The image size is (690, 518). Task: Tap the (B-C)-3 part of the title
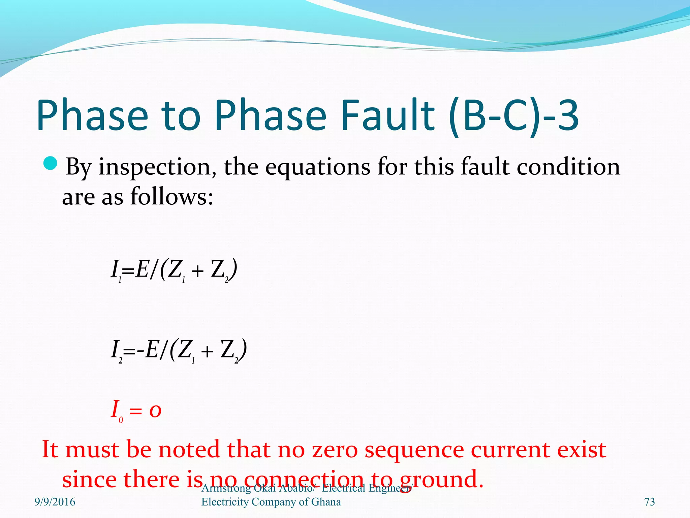[x=514, y=115]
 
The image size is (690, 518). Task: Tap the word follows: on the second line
[x=171, y=197]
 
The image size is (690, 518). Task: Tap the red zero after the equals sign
[x=155, y=411]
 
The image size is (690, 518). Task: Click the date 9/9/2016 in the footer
[x=55, y=502]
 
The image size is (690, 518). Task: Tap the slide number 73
[x=650, y=502]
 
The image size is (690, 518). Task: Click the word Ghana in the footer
[x=326, y=502]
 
